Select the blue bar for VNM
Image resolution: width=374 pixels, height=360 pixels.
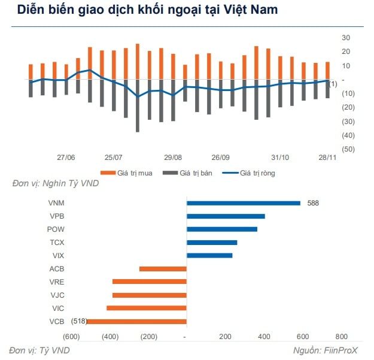(244, 203)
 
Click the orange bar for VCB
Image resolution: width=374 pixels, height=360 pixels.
(137, 321)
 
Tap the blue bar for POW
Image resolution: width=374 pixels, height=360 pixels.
(222, 229)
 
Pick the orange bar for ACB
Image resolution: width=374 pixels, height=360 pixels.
(163, 268)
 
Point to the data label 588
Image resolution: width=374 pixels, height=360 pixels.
(313, 203)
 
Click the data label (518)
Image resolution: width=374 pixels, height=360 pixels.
(79, 321)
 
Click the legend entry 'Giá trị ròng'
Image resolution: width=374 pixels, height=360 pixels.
(250, 173)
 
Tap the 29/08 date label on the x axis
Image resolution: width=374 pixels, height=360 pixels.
(172, 158)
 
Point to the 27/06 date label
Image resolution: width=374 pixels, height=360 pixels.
(66, 158)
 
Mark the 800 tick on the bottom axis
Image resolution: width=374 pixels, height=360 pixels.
(341, 337)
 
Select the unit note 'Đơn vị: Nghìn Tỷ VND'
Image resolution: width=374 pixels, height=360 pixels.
(56, 183)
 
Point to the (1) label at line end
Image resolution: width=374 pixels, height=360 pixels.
(333, 83)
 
